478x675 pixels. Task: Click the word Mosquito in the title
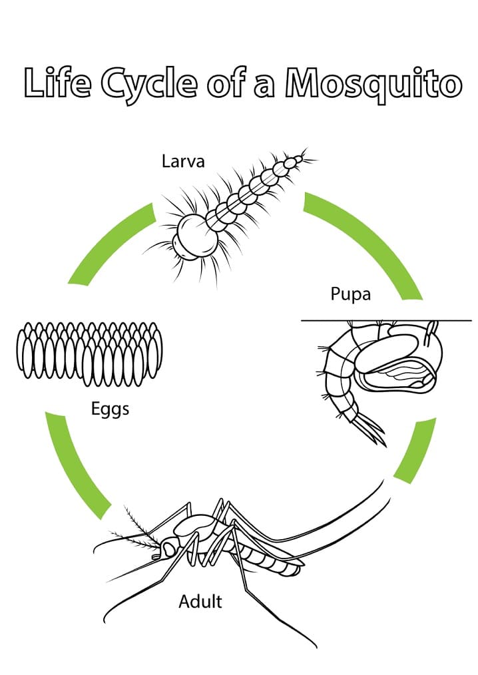click(373, 84)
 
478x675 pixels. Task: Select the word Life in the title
click(56, 83)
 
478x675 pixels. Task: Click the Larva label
click(182, 161)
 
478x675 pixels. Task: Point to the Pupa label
click(350, 294)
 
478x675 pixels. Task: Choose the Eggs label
click(110, 409)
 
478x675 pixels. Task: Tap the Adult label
click(200, 602)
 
